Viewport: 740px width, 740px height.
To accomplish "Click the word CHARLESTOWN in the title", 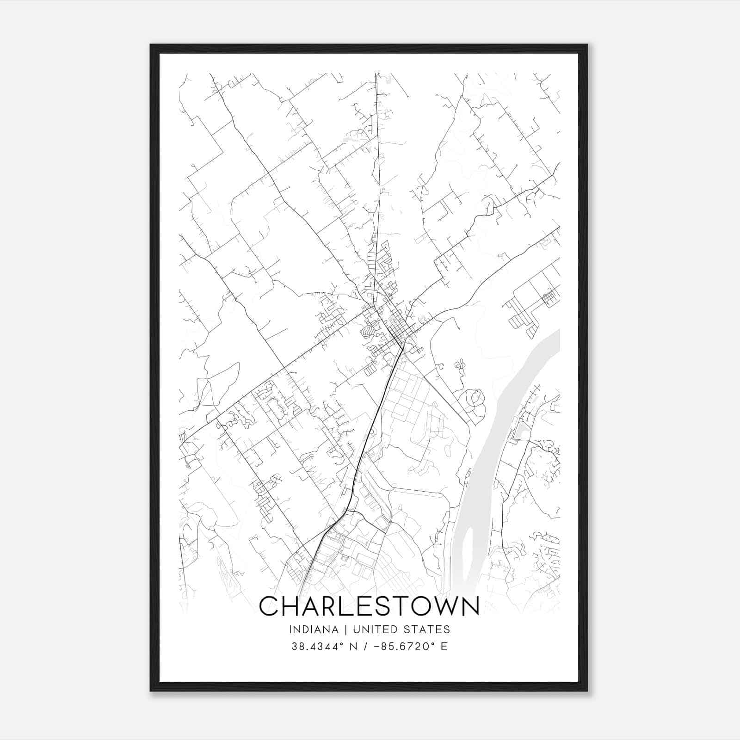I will click(x=369, y=606).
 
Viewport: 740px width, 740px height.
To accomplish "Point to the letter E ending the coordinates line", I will click(x=444, y=647).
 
